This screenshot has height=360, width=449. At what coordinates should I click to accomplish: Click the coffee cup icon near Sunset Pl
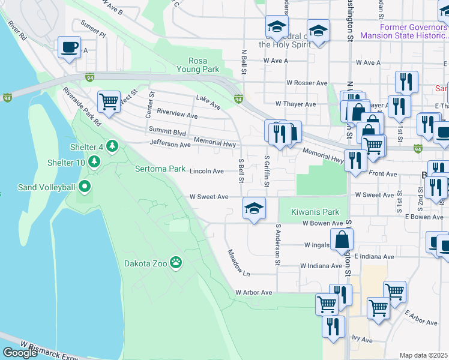click(x=70, y=47)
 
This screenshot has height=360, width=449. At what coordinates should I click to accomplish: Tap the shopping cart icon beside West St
click(x=109, y=101)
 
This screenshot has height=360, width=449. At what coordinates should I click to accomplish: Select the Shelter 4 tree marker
click(x=111, y=146)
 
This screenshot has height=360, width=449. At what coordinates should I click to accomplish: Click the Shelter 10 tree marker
click(x=94, y=163)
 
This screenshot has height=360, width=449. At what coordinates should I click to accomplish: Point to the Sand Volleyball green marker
click(x=85, y=187)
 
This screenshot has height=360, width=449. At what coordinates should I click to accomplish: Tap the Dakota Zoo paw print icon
click(x=175, y=262)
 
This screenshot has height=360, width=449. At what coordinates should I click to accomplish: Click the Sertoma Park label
click(x=160, y=169)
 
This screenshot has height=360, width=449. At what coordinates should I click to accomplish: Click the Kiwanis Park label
click(x=315, y=212)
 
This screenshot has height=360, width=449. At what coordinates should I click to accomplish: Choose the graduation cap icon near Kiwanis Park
click(x=254, y=208)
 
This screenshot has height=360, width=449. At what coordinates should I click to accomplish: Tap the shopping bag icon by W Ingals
click(x=341, y=239)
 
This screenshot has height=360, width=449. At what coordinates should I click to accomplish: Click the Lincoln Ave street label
click(x=206, y=171)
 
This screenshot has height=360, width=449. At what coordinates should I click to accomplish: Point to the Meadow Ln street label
click(x=238, y=263)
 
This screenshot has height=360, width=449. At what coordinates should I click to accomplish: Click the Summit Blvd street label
click(x=167, y=131)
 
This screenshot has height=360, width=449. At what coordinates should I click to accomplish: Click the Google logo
click(x=20, y=353)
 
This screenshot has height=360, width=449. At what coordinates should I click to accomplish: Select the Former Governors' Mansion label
click(x=404, y=31)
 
